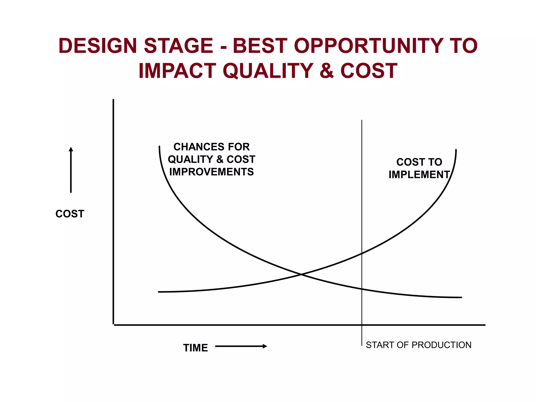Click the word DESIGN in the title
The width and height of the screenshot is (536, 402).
pyautogui.click(x=98, y=46)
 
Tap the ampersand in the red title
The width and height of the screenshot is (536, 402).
pyautogui.click(x=327, y=71)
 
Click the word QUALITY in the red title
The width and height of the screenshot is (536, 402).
pyautogui.click(x=268, y=71)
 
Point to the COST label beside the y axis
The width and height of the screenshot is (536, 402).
pyautogui.click(x=70, y=214)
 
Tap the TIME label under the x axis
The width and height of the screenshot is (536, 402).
pyautogui.click(x=195, y=348)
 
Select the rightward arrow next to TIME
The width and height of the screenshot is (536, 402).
pyautogui.click(x=241, y=346)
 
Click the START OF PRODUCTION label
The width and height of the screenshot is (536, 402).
pyautogui.click(x=418, y=345)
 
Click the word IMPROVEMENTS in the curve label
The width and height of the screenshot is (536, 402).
pyautogui.click(x=211, y=172)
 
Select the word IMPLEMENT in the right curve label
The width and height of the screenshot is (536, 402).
pyautogui.click(x=419, y=175)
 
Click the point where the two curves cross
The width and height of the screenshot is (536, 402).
pyautogui.click(x=301, y=274)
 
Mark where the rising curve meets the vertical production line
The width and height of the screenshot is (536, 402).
pyautogui.click(x=362, y=253)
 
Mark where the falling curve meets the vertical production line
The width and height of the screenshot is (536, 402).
pyautogui.click(x=362, y=289)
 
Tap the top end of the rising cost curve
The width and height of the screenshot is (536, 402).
pyautogui.click(x=456, y=150)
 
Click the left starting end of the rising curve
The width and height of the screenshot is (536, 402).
pyautogui.click(x=159, y=292)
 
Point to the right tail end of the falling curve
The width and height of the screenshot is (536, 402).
pyautogui.click(x=461, y=297)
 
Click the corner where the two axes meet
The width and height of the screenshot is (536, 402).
pyautogui.click(x=113, y=325)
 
